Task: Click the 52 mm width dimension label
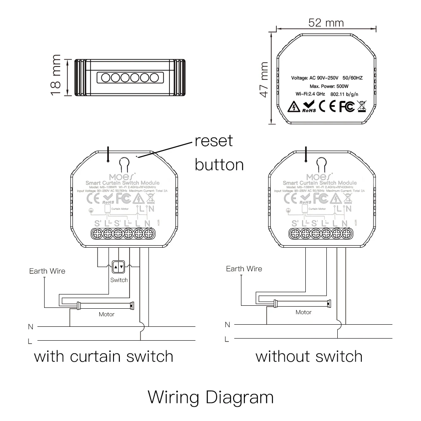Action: (x=326, y=22)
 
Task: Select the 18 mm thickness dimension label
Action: (x=56, y=75)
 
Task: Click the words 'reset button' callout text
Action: (x=219, y=152)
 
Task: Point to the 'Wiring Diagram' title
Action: (x=211, y=397)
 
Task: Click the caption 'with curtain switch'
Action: (x=103, y=357)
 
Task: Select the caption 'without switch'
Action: (x=309, y=357)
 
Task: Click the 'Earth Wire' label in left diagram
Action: (x=47, y=271)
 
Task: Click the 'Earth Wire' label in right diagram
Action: (x=244, y=269)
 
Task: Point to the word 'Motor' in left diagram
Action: (x=106, y=314)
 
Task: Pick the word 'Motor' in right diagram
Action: (x=303, y=312)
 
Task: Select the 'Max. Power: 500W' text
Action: (x=326, y=86)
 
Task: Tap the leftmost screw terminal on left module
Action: (x=97, y=233)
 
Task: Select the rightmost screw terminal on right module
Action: (x=346, y=233)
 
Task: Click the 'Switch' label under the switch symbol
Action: (x=119, y=280)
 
